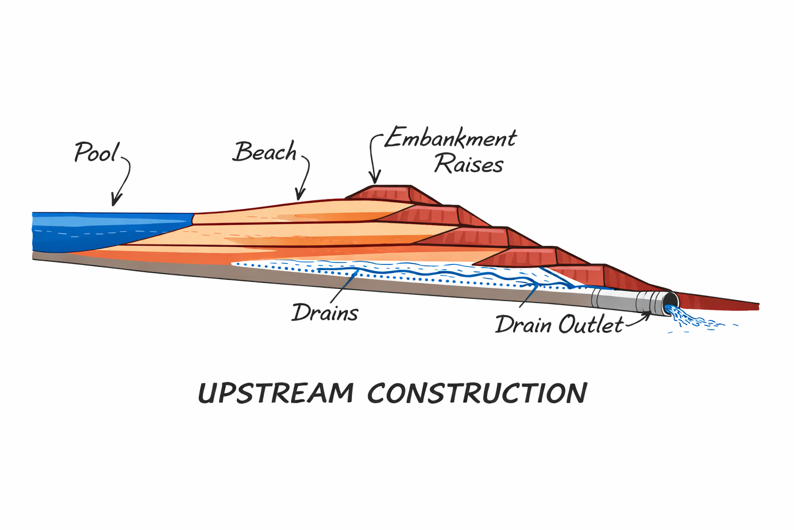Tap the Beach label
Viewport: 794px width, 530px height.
[x=265, y=152]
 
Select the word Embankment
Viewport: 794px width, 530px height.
[x=450, y=138]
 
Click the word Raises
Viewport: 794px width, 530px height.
[x=468, y=165]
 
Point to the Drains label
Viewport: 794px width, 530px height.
[x=325, y=313]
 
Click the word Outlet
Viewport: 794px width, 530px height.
[x=591, y=325]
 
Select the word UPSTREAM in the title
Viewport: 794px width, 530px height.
[x=276, y=393]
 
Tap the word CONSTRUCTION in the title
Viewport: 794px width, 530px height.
[x=477, y=393]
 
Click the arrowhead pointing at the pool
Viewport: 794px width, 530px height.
[x=116, y=201]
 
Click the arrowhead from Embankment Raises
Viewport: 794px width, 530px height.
[x=375, y=179]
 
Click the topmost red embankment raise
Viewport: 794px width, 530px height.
[x=388, y=193]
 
